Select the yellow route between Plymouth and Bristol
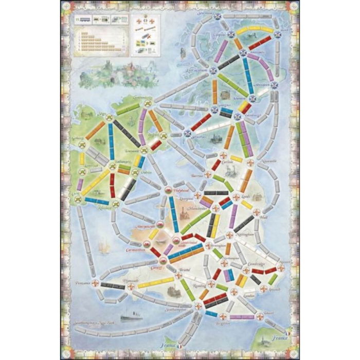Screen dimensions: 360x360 tap(155, 282)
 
